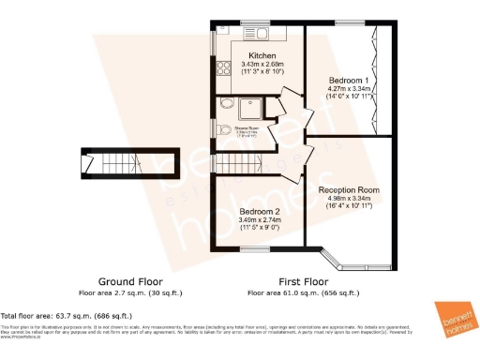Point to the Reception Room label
click(350, 189)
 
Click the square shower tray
click(252, 107)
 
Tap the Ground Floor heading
click(130, 281)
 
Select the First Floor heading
click(303, 281)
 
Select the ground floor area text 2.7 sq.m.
click(130, 292)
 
